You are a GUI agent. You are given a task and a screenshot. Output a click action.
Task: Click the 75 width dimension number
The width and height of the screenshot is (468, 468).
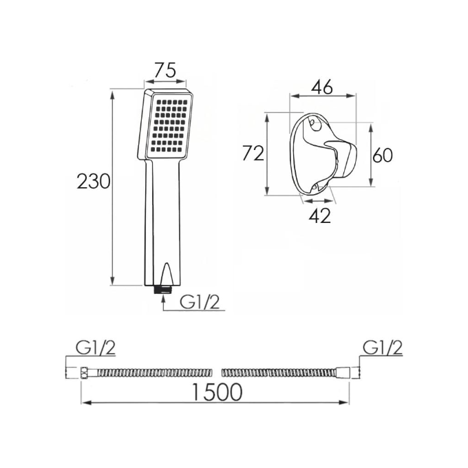tap(165, 70)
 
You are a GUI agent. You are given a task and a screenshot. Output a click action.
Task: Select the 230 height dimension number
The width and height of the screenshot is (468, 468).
tap(94, 182)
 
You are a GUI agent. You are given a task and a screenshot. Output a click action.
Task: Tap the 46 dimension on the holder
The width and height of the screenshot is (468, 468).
tap(322, 87)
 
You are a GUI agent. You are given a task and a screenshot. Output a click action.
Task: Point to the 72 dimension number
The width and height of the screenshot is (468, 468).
tap(253, 153)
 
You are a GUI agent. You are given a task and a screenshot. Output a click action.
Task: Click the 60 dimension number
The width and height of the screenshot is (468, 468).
tap(383, 156)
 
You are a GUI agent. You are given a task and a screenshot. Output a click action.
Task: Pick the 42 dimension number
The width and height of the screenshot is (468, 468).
tap(320, 215)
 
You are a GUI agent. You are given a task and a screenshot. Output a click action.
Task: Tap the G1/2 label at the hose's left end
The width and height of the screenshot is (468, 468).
tap(96, 348)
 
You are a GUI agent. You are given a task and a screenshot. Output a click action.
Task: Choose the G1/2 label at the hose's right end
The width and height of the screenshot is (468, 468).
tap(383, 348)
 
